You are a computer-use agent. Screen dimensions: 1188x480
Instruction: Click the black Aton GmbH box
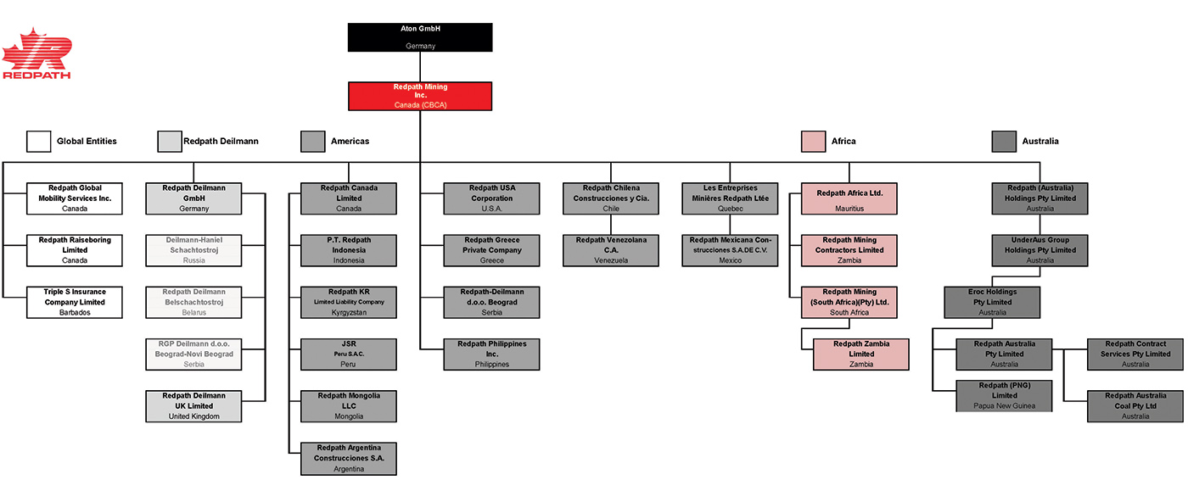click(x=420, y=37)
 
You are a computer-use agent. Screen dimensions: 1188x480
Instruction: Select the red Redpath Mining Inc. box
click(x=420, y=96)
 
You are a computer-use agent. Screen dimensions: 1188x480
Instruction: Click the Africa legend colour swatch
click(x=813, y=142)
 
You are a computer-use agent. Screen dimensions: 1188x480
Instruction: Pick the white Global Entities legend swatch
click(x=39, y=142)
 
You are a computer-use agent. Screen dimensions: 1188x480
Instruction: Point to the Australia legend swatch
click(x=1004, y=142)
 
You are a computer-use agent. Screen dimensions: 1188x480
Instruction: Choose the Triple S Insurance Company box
click(x=75, y=302)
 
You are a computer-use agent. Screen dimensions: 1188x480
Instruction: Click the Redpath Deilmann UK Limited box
click(x=193, y=406)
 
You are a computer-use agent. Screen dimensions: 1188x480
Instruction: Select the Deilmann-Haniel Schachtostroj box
click(x=193, y=250)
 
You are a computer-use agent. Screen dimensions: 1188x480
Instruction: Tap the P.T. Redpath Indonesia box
click(x=349, y=250)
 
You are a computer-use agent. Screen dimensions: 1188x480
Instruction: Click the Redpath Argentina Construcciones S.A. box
click(x=349, y=458)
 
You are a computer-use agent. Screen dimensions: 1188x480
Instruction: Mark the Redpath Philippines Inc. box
click(x=491, y=354)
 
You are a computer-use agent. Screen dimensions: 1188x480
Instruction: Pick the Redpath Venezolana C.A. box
click(x=611, y=250)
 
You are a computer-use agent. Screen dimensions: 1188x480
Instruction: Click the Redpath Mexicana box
click(x=730, y=250)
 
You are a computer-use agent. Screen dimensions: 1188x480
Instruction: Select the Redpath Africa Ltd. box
click(x=849, y=198)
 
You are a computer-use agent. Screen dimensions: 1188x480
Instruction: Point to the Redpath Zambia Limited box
click(x=860, y=354)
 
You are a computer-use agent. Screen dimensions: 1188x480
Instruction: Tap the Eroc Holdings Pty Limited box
click(x=992, y=302)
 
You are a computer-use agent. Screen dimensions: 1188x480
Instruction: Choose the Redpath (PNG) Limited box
click(x=1004, y=396)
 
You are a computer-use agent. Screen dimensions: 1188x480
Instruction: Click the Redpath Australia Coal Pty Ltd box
click(x=1135, y=406)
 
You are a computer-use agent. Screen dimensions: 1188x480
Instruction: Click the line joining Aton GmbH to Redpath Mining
click(x=420, y=67)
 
